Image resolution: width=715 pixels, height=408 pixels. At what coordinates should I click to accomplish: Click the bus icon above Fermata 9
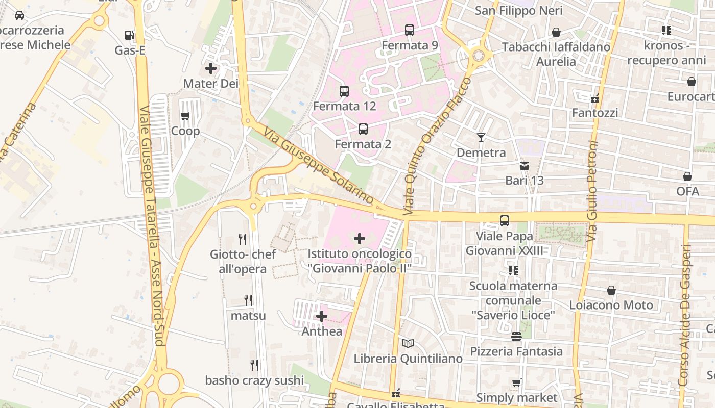[410, 30]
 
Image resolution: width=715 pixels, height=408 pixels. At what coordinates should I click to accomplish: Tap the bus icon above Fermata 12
[344, 91]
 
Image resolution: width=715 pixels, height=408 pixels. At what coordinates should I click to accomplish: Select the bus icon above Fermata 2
[363, 129]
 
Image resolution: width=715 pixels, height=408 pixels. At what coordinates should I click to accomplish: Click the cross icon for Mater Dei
[211, 68]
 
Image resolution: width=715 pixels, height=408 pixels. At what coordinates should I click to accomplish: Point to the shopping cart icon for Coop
[185, 116]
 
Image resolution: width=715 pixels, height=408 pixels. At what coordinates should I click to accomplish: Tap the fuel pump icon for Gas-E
[130, 35]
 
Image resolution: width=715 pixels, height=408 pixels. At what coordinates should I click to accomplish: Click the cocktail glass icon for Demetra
[481, 138]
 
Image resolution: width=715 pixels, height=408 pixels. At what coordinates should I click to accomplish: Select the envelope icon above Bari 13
[525, 165]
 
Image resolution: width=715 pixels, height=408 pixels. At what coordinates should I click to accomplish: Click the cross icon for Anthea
[322, 316]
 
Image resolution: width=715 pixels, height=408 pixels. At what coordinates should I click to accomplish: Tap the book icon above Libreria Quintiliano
[408, 344]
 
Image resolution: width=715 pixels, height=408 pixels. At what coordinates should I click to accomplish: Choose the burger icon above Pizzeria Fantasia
[516, 337]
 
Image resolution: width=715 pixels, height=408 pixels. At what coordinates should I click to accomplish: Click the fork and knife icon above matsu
[248, 300]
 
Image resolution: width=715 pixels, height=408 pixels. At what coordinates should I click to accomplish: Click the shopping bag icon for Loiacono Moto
[611, 290]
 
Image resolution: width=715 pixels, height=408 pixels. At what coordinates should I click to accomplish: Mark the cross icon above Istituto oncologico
[360, 238]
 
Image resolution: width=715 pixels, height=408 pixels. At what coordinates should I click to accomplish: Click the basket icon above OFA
[687, 176]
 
